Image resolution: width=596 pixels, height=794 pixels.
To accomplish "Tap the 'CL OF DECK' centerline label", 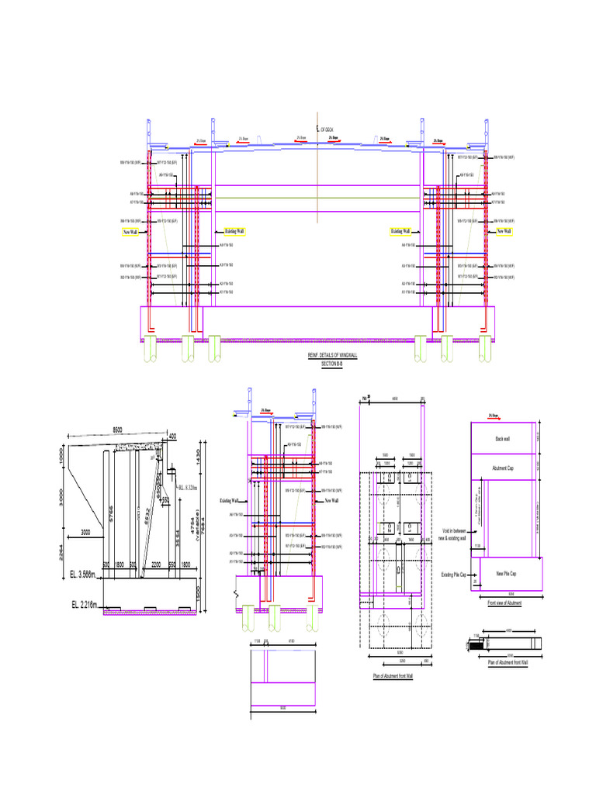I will (x=326, y=129).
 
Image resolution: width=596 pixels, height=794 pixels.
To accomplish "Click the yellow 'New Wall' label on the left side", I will (x=130, y=232).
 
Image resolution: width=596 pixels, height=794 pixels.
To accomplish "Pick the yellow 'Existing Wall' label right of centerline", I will (x=400, y=231).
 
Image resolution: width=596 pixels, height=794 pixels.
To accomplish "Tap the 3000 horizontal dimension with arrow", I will (x=86, y=532).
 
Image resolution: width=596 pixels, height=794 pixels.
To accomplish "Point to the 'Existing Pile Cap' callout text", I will (x=453, y=575).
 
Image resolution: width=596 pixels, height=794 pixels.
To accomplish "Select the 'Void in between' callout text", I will (x=453, y=532).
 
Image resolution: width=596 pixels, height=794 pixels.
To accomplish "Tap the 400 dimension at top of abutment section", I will (x=172, y=437).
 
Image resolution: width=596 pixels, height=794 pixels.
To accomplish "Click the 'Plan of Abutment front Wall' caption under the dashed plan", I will (x=395, y=677).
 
